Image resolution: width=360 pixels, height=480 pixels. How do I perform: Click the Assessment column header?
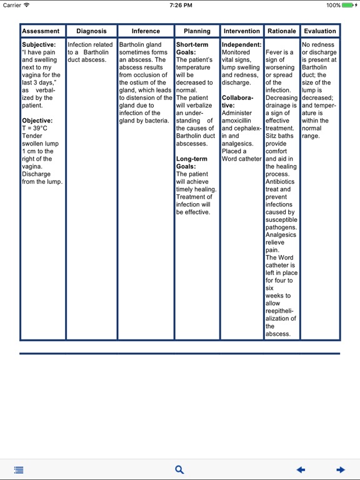(41, 31)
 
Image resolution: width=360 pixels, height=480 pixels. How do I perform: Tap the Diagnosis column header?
(91, 31)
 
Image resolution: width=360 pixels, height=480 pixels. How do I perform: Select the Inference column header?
(145, 31)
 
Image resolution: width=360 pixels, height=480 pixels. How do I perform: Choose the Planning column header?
(197, 31)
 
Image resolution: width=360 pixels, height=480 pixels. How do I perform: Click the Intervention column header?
(241, 31)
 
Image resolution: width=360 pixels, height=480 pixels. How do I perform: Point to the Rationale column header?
(281, 31)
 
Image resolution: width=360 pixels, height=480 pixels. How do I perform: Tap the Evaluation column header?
(320, 31)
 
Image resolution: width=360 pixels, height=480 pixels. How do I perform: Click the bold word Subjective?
(39, 45)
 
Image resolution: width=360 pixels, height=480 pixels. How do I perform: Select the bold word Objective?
(38, 121)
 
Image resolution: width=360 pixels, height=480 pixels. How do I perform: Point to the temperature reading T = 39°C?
(34, 128)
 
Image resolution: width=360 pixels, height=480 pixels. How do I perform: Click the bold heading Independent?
(241, 45)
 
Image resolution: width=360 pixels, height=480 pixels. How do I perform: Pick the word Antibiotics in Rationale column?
(281, 182)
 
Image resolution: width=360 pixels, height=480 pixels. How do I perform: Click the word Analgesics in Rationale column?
(281, 235)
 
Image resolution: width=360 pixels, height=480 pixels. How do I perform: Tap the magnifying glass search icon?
(179, 469)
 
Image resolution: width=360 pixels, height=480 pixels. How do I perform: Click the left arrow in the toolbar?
(301, 469)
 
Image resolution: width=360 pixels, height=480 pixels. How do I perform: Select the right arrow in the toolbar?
(340, 469)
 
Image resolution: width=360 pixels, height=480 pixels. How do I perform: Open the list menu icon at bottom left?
(19, 469)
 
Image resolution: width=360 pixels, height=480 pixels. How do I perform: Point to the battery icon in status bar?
(350, 5)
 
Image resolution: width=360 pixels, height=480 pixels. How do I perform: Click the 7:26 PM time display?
(179, 5)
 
